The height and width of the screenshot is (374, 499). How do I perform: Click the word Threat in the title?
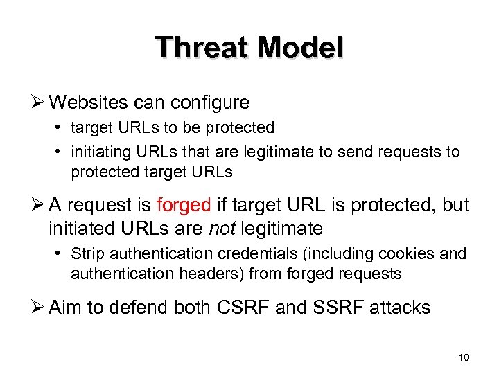coord(201,48)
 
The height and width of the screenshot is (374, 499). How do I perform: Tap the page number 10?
coord(464,357)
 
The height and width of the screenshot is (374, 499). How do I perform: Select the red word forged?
coord(183,206)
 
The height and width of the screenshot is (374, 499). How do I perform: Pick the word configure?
coord(210,103)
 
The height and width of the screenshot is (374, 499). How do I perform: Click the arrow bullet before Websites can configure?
coord(38,103)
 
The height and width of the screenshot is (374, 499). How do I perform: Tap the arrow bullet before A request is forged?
coord(38,206)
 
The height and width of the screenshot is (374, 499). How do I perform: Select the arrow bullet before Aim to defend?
coord(38,307)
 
